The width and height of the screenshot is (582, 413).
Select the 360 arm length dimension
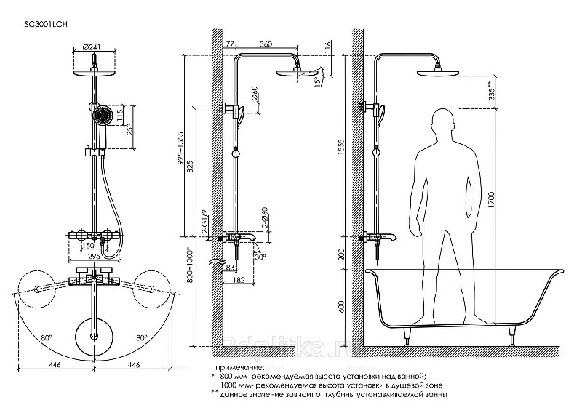[266, 45]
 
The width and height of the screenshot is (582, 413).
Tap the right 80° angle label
[140, 337]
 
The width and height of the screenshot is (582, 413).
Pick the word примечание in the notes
[236, 368]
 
